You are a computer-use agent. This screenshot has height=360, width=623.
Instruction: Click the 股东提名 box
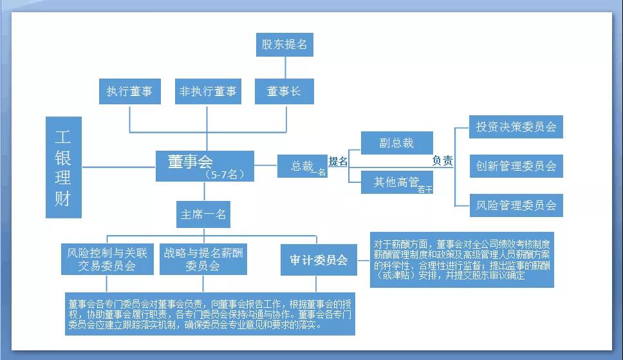pos(284,45)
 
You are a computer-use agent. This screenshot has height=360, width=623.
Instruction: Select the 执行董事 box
pos(129,91)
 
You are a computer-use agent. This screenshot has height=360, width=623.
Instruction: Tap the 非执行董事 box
pos(207,91)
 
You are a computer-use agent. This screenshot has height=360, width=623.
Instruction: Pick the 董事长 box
pos(284,91)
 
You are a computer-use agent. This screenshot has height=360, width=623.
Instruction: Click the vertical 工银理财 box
pos(64,167)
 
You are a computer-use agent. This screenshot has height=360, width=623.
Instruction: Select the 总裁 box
pos(302,166)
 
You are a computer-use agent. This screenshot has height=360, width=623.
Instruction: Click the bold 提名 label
pos(338,161)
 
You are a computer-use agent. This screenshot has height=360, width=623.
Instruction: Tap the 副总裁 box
pos(396,143)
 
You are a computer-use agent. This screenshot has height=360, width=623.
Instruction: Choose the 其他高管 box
pos(396,182)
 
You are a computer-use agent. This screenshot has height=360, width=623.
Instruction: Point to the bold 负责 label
pos(442,161)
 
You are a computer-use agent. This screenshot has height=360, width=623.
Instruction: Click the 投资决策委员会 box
pos(516,126)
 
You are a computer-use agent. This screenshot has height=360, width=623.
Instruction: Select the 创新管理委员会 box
pos(516,166)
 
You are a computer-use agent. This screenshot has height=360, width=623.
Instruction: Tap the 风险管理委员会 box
pos(516,205)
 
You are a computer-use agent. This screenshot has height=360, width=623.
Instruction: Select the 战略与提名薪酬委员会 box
pos(203,259)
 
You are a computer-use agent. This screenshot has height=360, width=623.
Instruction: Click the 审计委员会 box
pos(319,260)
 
